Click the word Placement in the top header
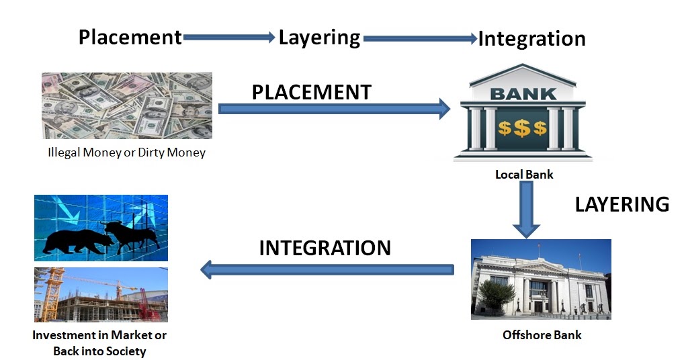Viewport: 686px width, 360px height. pyautogui.click(x=130, y=37)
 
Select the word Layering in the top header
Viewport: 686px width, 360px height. pyautogui.click(x=319, y=37)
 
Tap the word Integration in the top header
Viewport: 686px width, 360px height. pyautogui.click(x=531, y=38)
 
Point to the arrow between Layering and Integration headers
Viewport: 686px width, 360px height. pyautogui.click(x=419, y=39)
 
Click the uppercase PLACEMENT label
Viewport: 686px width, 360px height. pyautogui.click(x=311, y=92)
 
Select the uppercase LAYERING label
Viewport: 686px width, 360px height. pyautogui.click(x=621, y=204)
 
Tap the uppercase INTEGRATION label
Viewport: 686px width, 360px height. pyautogui.click(x=325, y=248)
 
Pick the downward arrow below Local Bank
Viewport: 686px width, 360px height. pyautogui.click(x=527, y=209)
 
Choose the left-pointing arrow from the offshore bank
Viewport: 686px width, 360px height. pyautogui.click(x=327, y=270)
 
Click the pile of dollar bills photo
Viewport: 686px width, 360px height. pyautogui.click(x=127, y=105)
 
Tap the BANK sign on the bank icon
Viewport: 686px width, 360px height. pyautogui.click(x=523, y=94)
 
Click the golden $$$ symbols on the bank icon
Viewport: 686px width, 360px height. pyautogui.click(x=522, y=128)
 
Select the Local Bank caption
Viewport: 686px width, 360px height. pyautogui.click(x=524, y=175)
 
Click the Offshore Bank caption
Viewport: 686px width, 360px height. pyautogui.click(x=542, y=334)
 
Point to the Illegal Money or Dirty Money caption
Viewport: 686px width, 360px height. pyautogui.click(x=126, y=152)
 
